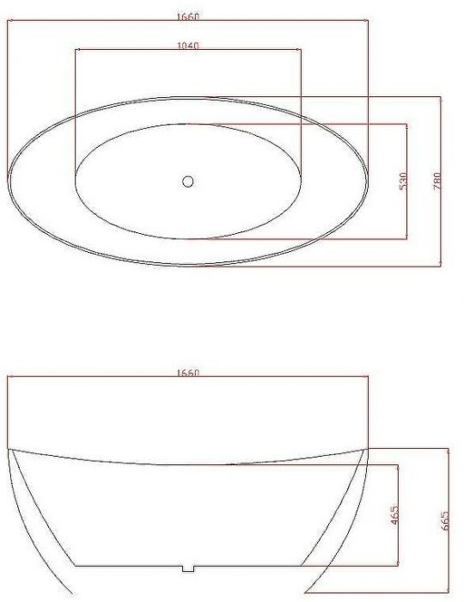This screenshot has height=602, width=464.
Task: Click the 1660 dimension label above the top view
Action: pyautogui.click(x=188, y=17)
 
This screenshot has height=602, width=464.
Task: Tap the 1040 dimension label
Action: pyautogui.click(x=188, y=46)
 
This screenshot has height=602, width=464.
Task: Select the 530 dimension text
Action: pyautogui.click(x=403, y=181)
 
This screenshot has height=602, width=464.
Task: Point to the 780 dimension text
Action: pyautogui.click(x=437, y=181)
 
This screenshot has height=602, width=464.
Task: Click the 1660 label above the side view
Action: pyautogui.click(x=188, y=372)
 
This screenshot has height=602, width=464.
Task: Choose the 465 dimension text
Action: pyautogui.click(x=394, y=515)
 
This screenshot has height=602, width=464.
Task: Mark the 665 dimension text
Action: pyautogui.click(x=444, y=520)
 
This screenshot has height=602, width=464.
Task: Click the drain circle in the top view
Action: pyautogui.click(x=187, y=181)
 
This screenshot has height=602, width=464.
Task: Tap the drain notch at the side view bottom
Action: pyautogui.click(x=188, y=568)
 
